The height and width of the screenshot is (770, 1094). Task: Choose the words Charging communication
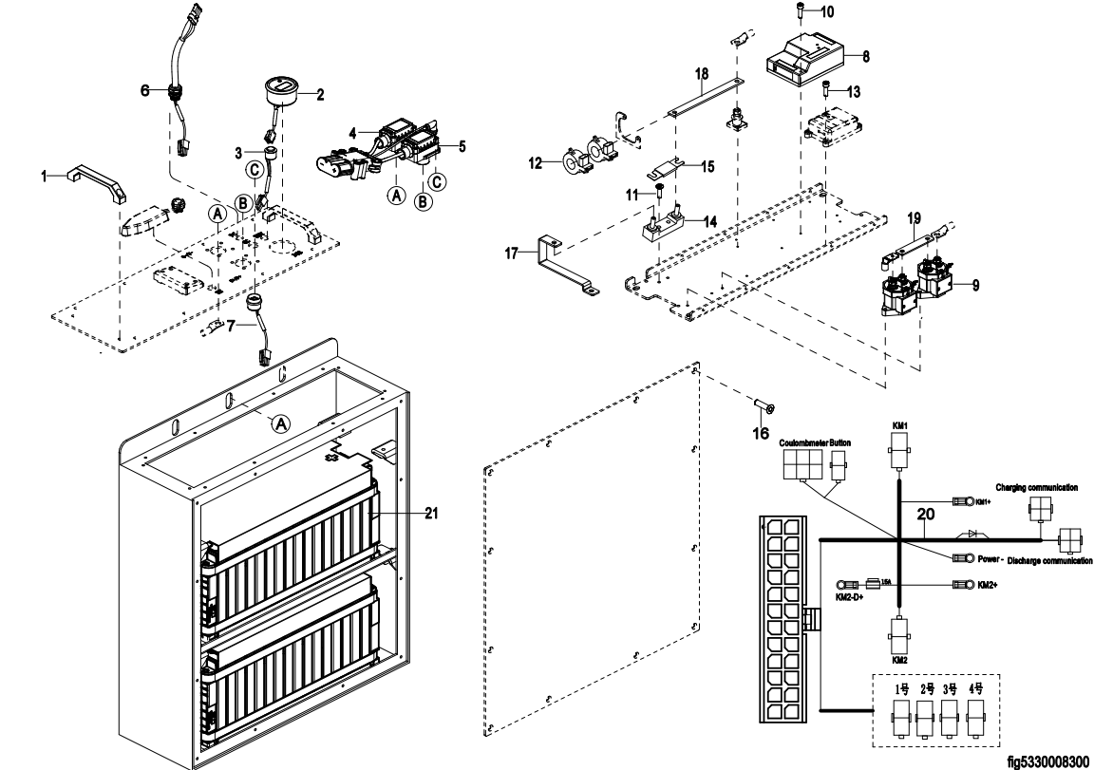click(1036, 487)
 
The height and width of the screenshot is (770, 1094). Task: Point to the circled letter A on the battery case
click(281, 424)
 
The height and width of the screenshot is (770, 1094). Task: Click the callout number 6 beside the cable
click(145, 90)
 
